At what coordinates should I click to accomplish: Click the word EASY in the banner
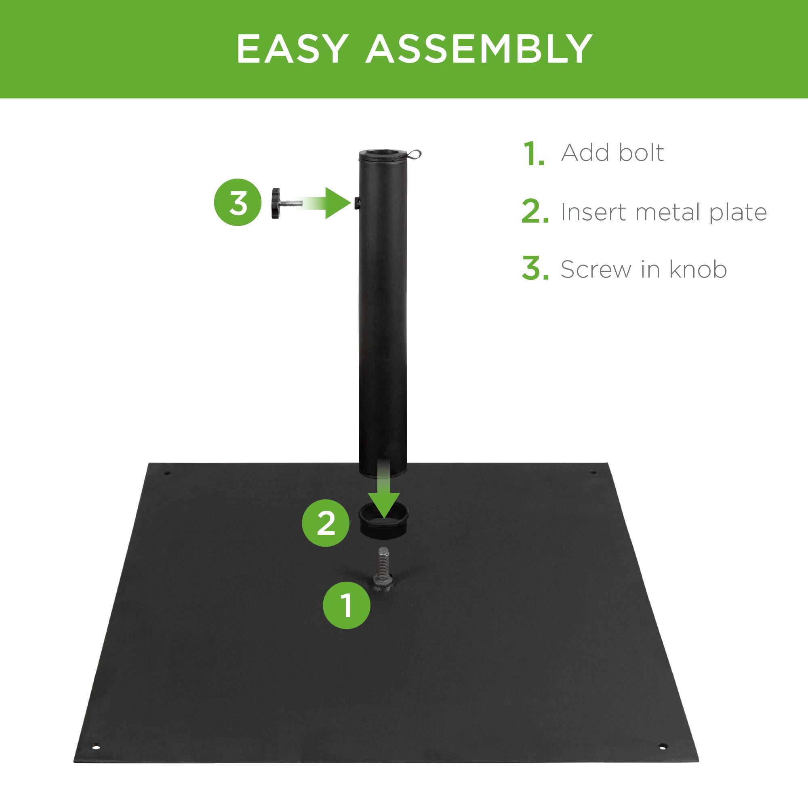pos(292,49)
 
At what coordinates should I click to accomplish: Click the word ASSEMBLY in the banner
pos(479,49)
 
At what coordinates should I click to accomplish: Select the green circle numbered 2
pos(326,523)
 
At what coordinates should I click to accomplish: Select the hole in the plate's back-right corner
pos(592,472)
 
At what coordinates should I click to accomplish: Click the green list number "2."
pos(534,213)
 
